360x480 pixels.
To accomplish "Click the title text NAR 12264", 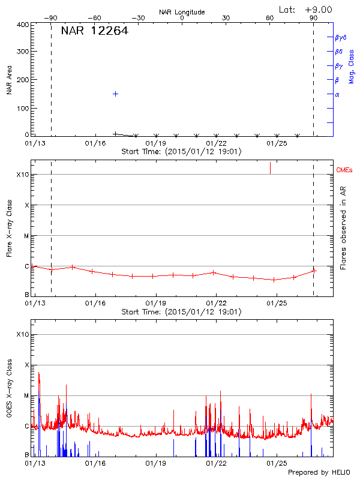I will click(95, 31).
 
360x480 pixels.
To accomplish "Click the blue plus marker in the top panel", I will click(115, 94).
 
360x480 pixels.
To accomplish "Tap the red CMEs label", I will click(344, 170).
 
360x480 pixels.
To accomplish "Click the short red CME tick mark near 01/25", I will click(270, 167).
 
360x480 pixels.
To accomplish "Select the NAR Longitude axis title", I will click(182, 12).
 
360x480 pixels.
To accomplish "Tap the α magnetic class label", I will click(337, 94).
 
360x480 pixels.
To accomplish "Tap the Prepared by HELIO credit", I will click(319, 472).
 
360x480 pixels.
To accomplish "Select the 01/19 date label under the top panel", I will click(155, 143).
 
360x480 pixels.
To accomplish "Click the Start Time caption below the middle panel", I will click(181, 311).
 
